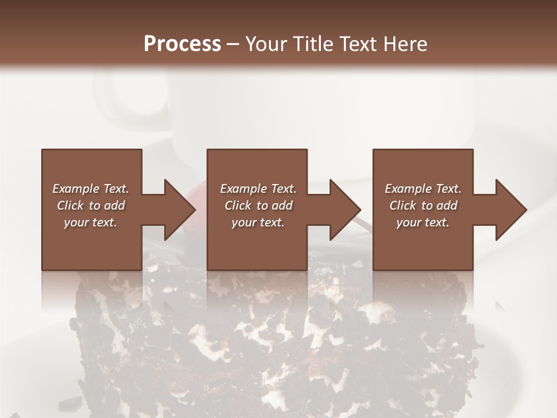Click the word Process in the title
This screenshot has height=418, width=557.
tap(182, 44)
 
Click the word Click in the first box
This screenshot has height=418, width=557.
tap(70, 206)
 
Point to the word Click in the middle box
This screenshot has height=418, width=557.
tap(238, 206)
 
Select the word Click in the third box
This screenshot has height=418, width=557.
tap(403, 206)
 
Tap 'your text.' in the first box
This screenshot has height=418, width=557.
tap(91, 222)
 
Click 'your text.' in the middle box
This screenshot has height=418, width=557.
tap(258, 222)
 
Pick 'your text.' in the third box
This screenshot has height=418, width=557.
tap(423, 222)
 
